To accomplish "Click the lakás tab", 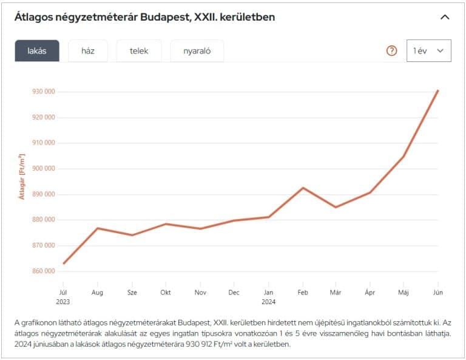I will [37, 51].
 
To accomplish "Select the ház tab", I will [88, 51].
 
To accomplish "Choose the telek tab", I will [139, 51].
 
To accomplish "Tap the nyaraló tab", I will [197, 51].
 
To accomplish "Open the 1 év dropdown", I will [428, 51].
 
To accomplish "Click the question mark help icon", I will [391, 51].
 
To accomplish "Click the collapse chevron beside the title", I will [445, 17].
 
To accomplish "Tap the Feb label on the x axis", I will [302, 292].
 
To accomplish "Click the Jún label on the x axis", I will [437, 292].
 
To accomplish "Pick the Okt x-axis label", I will [166, 292].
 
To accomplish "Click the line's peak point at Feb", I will [302, 188].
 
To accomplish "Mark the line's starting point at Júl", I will [63, 263].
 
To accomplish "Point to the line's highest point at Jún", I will [437, 90].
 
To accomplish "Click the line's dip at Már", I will [336, 207].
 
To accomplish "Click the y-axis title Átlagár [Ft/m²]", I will [21, 177].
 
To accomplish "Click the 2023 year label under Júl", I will [63, 301].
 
